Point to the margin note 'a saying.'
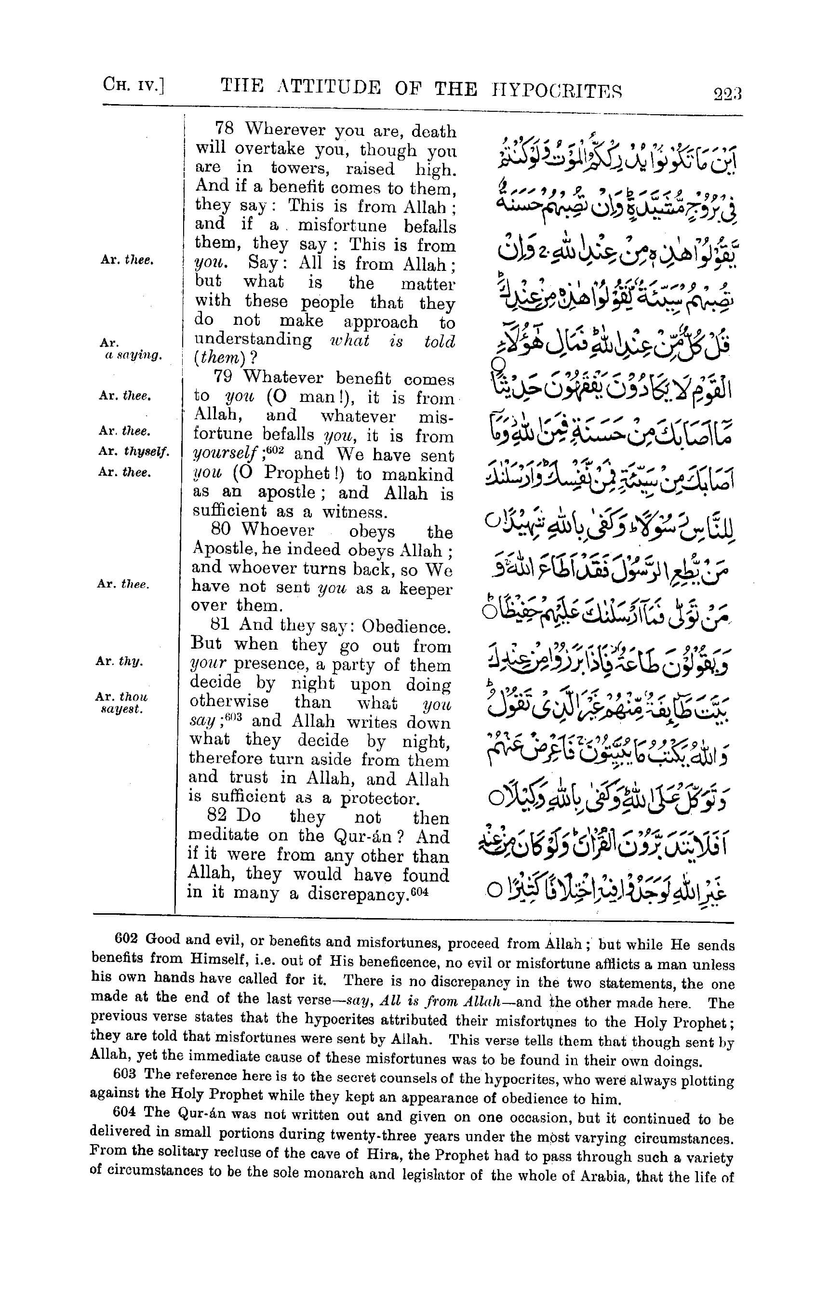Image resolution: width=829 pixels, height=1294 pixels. point(134,356)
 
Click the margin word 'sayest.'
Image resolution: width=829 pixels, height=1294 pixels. point(122,709)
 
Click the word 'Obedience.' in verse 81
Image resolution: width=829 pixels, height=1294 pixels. point(405,627)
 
